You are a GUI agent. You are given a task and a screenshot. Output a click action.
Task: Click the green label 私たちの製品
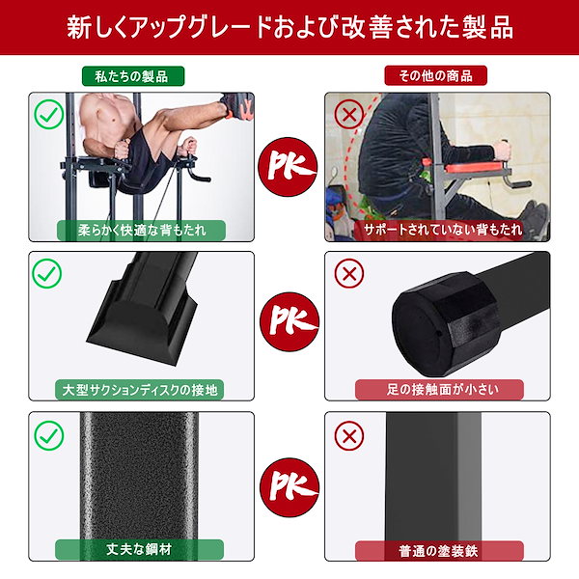click(141, 75)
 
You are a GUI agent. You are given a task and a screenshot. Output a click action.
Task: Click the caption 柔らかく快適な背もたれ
click(141, 231)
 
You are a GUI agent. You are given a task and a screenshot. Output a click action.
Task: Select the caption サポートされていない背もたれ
click(440, 231)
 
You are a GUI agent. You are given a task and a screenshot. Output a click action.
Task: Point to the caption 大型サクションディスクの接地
click(141, 391)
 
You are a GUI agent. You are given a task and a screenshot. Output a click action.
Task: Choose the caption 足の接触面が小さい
click(440, 391)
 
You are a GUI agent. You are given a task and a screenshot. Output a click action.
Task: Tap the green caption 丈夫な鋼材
click(141, 551)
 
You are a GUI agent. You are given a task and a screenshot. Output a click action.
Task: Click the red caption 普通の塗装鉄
click(440, 551)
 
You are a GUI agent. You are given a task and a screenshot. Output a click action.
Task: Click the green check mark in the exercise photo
click(47, 115)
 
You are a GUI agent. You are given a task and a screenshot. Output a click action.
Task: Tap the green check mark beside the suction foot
click(47, 274)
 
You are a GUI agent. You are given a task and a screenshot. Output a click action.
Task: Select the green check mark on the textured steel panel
click(47, 435)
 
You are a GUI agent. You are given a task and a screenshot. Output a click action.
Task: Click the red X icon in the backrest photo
click(347, 115)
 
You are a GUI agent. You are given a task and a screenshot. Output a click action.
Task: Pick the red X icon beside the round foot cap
click(347, 274)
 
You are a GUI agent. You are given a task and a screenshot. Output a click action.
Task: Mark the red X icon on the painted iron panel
click(347, 435)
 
